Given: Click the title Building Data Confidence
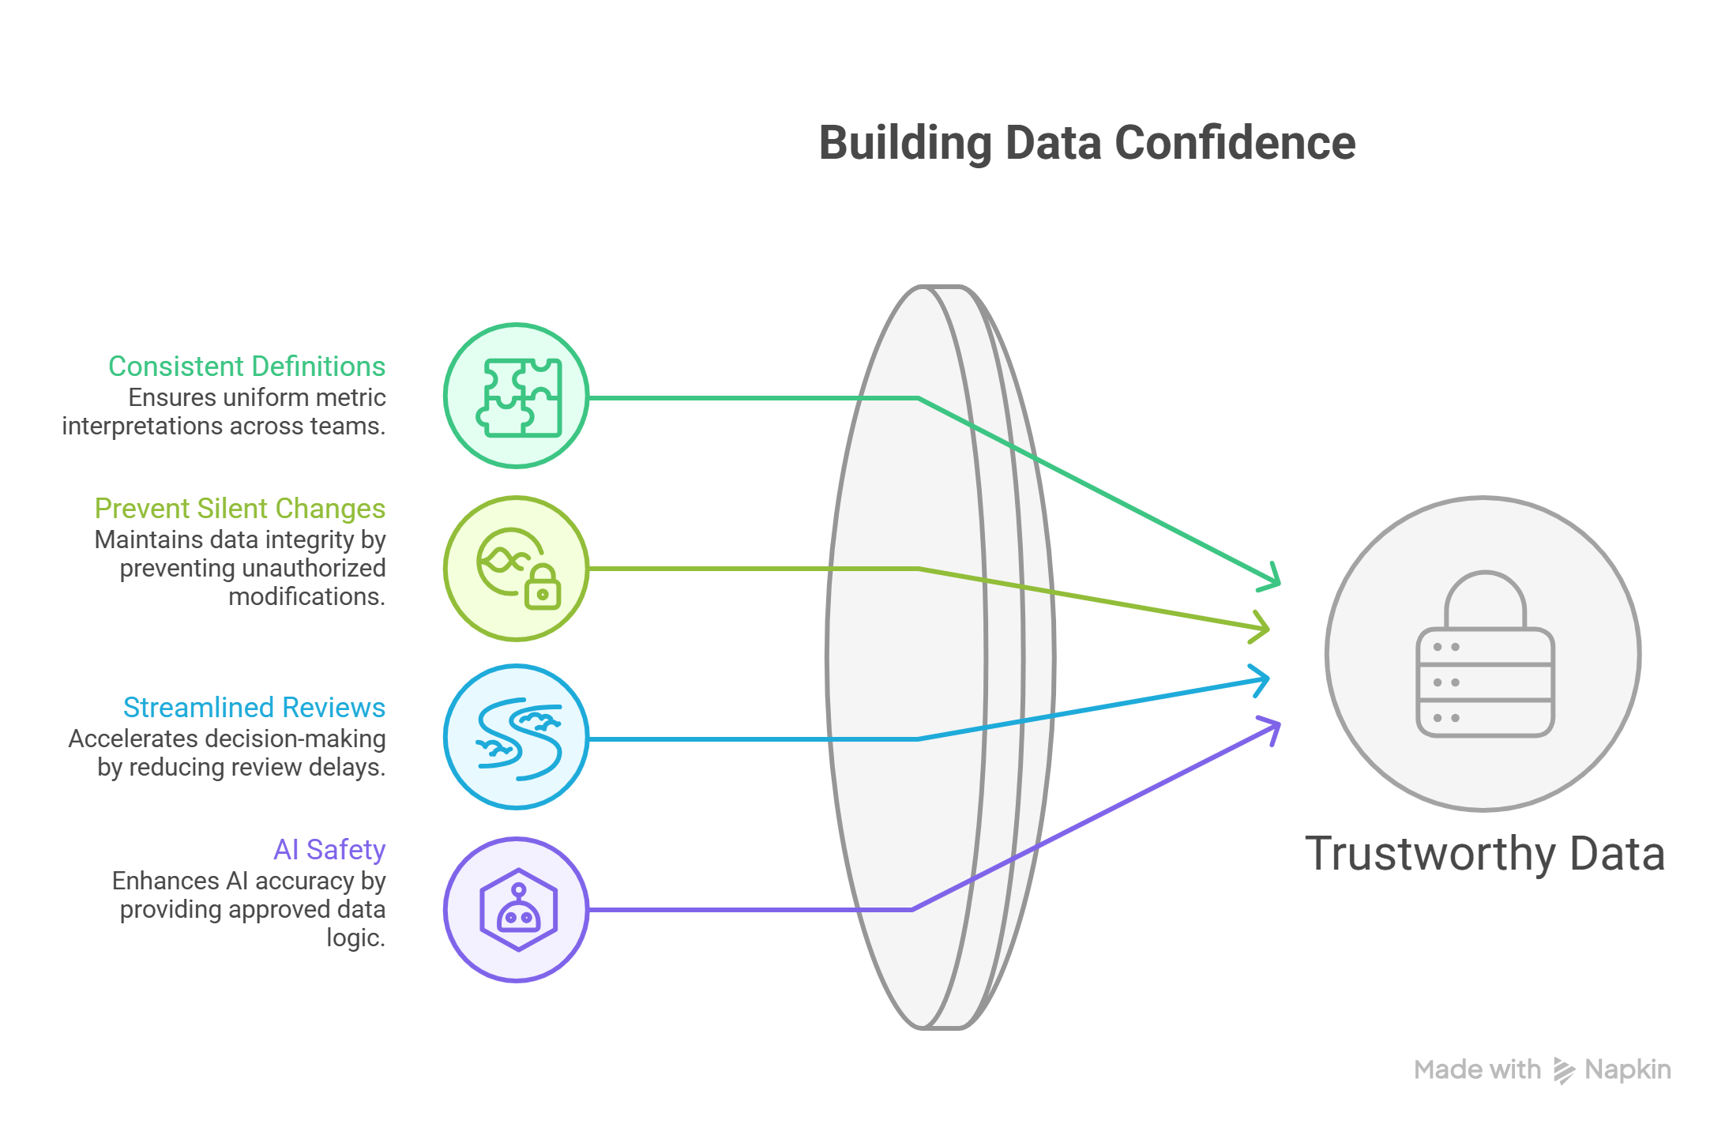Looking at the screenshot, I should tap(1087, 143).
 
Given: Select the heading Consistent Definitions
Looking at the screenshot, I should tap(246, 366).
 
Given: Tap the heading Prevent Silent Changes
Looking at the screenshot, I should tap(240, 509).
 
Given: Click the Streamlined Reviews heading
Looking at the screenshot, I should tap(254, 708).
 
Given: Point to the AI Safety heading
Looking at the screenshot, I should tap(329, 850).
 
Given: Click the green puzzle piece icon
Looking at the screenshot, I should tap(518, 397).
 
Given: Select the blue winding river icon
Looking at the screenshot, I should tap(518, 738).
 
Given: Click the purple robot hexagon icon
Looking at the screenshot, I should tap(518, 910).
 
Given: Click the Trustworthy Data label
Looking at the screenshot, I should tap(1485, 854).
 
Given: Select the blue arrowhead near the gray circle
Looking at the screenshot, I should tap(1262, 679).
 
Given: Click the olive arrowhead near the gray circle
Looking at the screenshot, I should tap(1262, 628).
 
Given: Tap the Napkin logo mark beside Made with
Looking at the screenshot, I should tap(1564, 1070).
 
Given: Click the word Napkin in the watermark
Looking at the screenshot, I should tap(1628, 1069).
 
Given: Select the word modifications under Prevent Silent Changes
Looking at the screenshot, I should tap(306, 596).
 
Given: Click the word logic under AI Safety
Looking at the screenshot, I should tap(355, 938).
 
